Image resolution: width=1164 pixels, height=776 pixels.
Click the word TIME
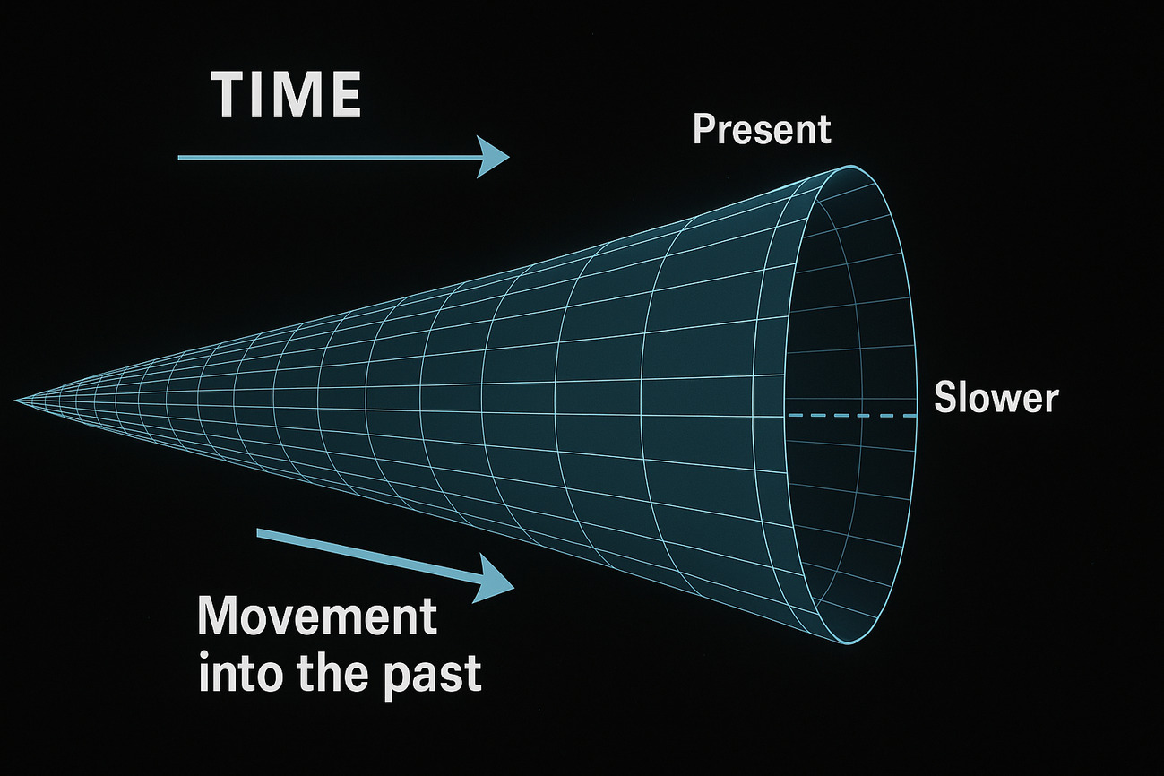coord(286,95)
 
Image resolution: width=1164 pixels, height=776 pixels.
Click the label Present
coord(762,130)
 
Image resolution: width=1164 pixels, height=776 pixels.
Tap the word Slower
coord(996,398)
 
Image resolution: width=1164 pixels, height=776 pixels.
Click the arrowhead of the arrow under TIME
coord(493,157)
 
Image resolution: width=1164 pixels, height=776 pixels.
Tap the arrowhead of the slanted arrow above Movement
coord(494,580)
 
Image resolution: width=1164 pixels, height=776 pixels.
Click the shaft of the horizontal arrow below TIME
coord(328,157)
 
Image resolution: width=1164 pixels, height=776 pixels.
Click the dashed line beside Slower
coord(852,415)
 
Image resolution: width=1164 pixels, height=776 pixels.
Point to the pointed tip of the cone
coord(15,401)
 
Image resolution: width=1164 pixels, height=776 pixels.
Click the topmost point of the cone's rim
coord(851,166)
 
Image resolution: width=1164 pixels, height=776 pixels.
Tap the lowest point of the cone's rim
coord(846,644)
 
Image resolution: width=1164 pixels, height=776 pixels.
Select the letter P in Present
coord(704,129)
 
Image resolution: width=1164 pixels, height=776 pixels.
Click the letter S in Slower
coord(945,398)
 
